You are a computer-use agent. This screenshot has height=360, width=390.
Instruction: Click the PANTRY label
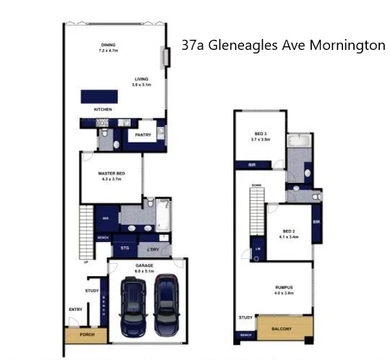click(142, 134)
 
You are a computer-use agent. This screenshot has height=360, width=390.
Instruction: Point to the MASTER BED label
click(110, 173)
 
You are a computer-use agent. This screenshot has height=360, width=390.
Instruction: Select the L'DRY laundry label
click(152, 249)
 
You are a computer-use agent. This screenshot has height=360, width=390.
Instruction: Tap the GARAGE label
click(144, 265)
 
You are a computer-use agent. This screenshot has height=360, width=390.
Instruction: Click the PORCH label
click(86, 335)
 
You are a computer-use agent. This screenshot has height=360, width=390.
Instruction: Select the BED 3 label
click(261, 133)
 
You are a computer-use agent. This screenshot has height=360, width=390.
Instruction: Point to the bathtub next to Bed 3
click(297, 142)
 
